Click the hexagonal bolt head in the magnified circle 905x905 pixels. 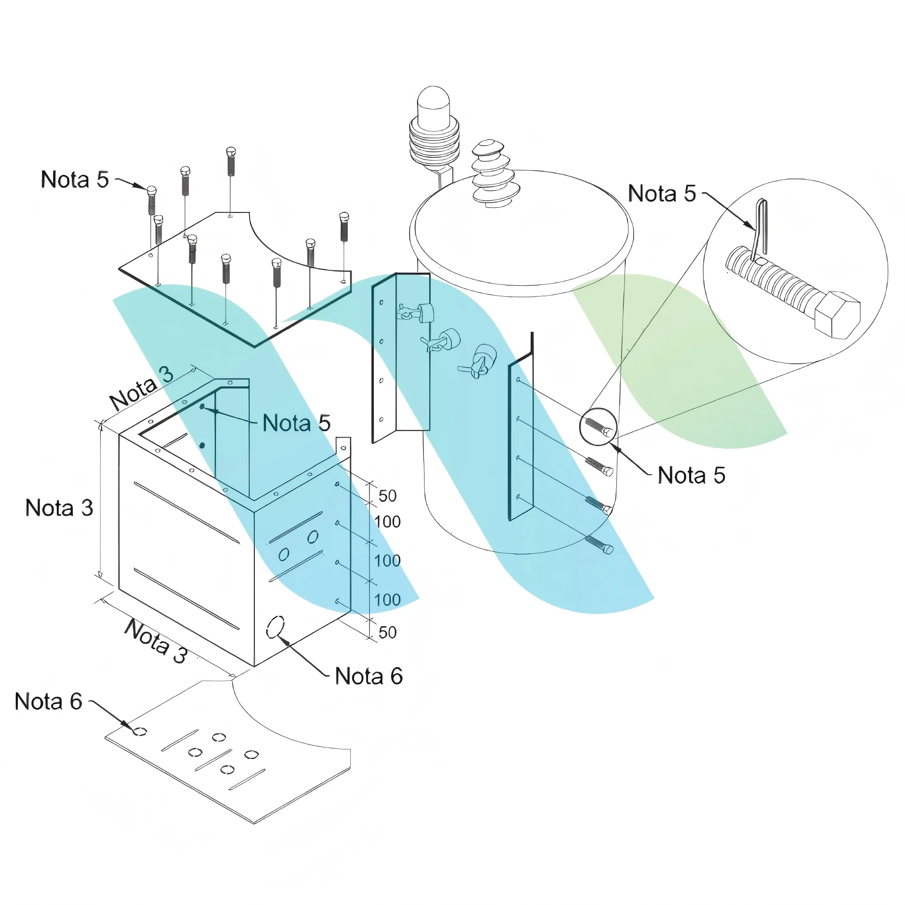(x=837, y=315)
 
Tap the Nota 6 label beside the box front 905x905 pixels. (x=369, y=676)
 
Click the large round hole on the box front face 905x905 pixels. (x=275, y=626)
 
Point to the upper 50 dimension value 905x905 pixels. (x=387, y=496)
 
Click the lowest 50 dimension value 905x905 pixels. (x=387, y=632)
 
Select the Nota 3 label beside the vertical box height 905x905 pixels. (x=59, y=508)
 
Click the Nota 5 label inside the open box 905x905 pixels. (x=296, y=423)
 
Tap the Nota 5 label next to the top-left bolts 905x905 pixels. (x=75, y=180)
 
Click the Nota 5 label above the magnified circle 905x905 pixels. (x=661, y=194)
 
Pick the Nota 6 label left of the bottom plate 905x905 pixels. (x=48, y=701)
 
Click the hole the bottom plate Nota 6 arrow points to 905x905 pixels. (x=140, y=732)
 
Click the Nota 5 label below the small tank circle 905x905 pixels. (x=691, y=475)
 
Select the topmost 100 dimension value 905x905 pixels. (x=387, y=522)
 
